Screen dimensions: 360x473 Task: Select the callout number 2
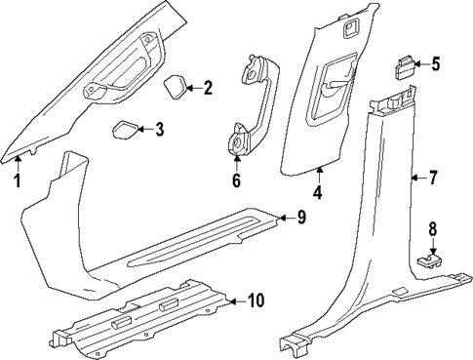[x=207, y=89]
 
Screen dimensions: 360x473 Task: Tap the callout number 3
[x=159, y=128]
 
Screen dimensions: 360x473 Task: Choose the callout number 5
[x=435, y=65]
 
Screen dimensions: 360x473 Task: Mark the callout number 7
[x=434, y=178]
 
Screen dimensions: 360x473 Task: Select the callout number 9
[x=301, y=217]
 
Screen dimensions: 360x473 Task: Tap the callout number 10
[x=255, y=301]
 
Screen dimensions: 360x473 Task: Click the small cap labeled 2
[x=176, y=86]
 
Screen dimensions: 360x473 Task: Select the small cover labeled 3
[x=126, y=130]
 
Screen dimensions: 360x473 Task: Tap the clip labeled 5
[x=403, y=67]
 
